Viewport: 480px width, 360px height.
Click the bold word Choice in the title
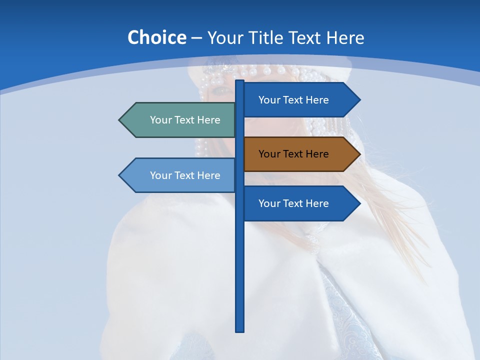click(156, 38)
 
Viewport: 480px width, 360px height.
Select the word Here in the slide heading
click(345, 38)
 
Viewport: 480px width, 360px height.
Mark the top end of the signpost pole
click(240, 81)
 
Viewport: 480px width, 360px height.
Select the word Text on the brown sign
click(293, 154)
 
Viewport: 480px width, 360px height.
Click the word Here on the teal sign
click(208, 120)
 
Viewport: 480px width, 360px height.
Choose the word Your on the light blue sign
click(160, 175)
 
